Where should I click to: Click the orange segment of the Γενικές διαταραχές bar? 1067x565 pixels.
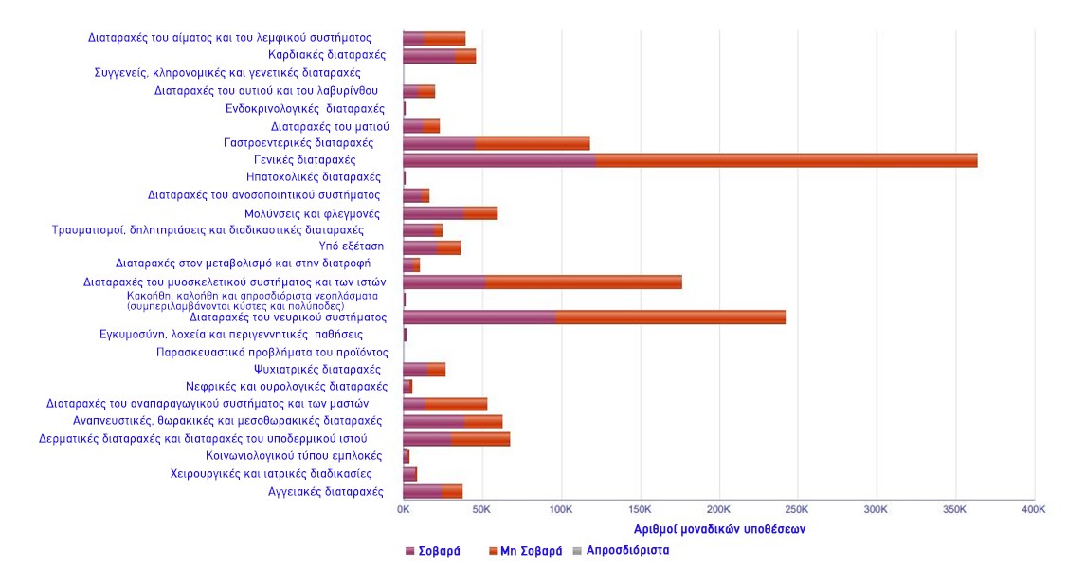click(x=787, y=160)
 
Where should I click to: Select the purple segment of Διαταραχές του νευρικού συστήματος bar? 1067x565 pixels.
click(x=479, y=317)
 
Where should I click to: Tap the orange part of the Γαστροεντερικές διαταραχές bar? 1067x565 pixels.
click(x=532, y=143)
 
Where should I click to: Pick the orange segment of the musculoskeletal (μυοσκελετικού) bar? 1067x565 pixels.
click(x=583, y=282)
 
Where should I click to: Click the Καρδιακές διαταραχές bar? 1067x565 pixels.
click(x=439, y=56)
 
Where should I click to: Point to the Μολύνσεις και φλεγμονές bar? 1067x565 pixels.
click(x=450, y=212)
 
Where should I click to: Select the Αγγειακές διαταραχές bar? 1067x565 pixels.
click(x=432, y=491)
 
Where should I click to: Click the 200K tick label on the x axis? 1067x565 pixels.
click(x=718, y=510)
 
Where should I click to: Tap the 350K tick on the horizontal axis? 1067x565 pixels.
click(x=954, y=510)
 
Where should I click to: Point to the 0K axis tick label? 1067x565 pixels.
click(x=403, y=510)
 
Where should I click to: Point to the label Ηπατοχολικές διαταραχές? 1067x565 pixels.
click(x=314, y=177)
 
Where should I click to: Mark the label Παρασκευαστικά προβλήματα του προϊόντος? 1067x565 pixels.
click(x=272, y=352)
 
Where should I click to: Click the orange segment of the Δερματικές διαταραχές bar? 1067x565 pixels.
click(x=480, y=439)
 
